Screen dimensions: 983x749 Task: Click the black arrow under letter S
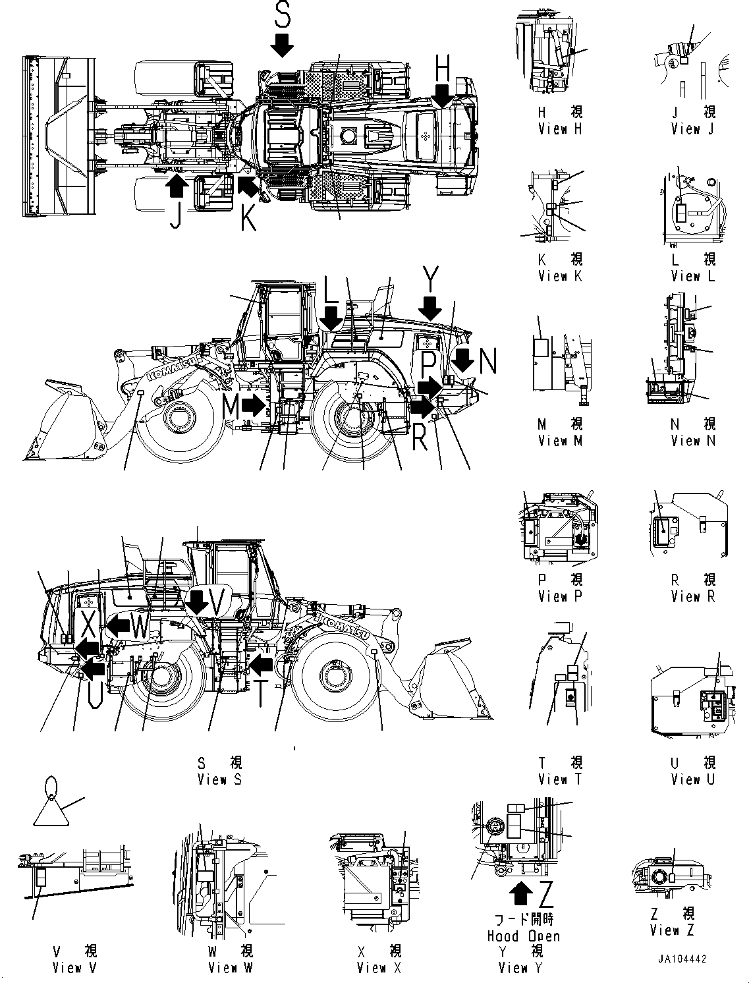(282, 45)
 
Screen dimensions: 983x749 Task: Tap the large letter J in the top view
(175, 215)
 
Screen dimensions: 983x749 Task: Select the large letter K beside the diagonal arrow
(248, 217)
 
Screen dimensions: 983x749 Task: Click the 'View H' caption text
(560, 129)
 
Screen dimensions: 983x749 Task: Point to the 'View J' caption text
(693, 129)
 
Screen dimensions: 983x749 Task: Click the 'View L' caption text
(693, 276)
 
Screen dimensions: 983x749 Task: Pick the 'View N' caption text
(693, 441)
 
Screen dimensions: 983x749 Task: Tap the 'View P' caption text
(560, 597)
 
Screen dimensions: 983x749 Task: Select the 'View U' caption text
(693, 779)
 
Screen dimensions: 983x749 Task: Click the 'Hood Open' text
(523, 936)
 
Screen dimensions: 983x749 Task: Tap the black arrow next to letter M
(252, 405)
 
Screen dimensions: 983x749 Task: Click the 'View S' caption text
(220, 779)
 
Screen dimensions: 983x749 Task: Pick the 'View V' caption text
(75, 969)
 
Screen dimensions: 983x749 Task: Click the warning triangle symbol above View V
(51, 810)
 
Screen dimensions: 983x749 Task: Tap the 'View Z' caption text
(672, 930)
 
